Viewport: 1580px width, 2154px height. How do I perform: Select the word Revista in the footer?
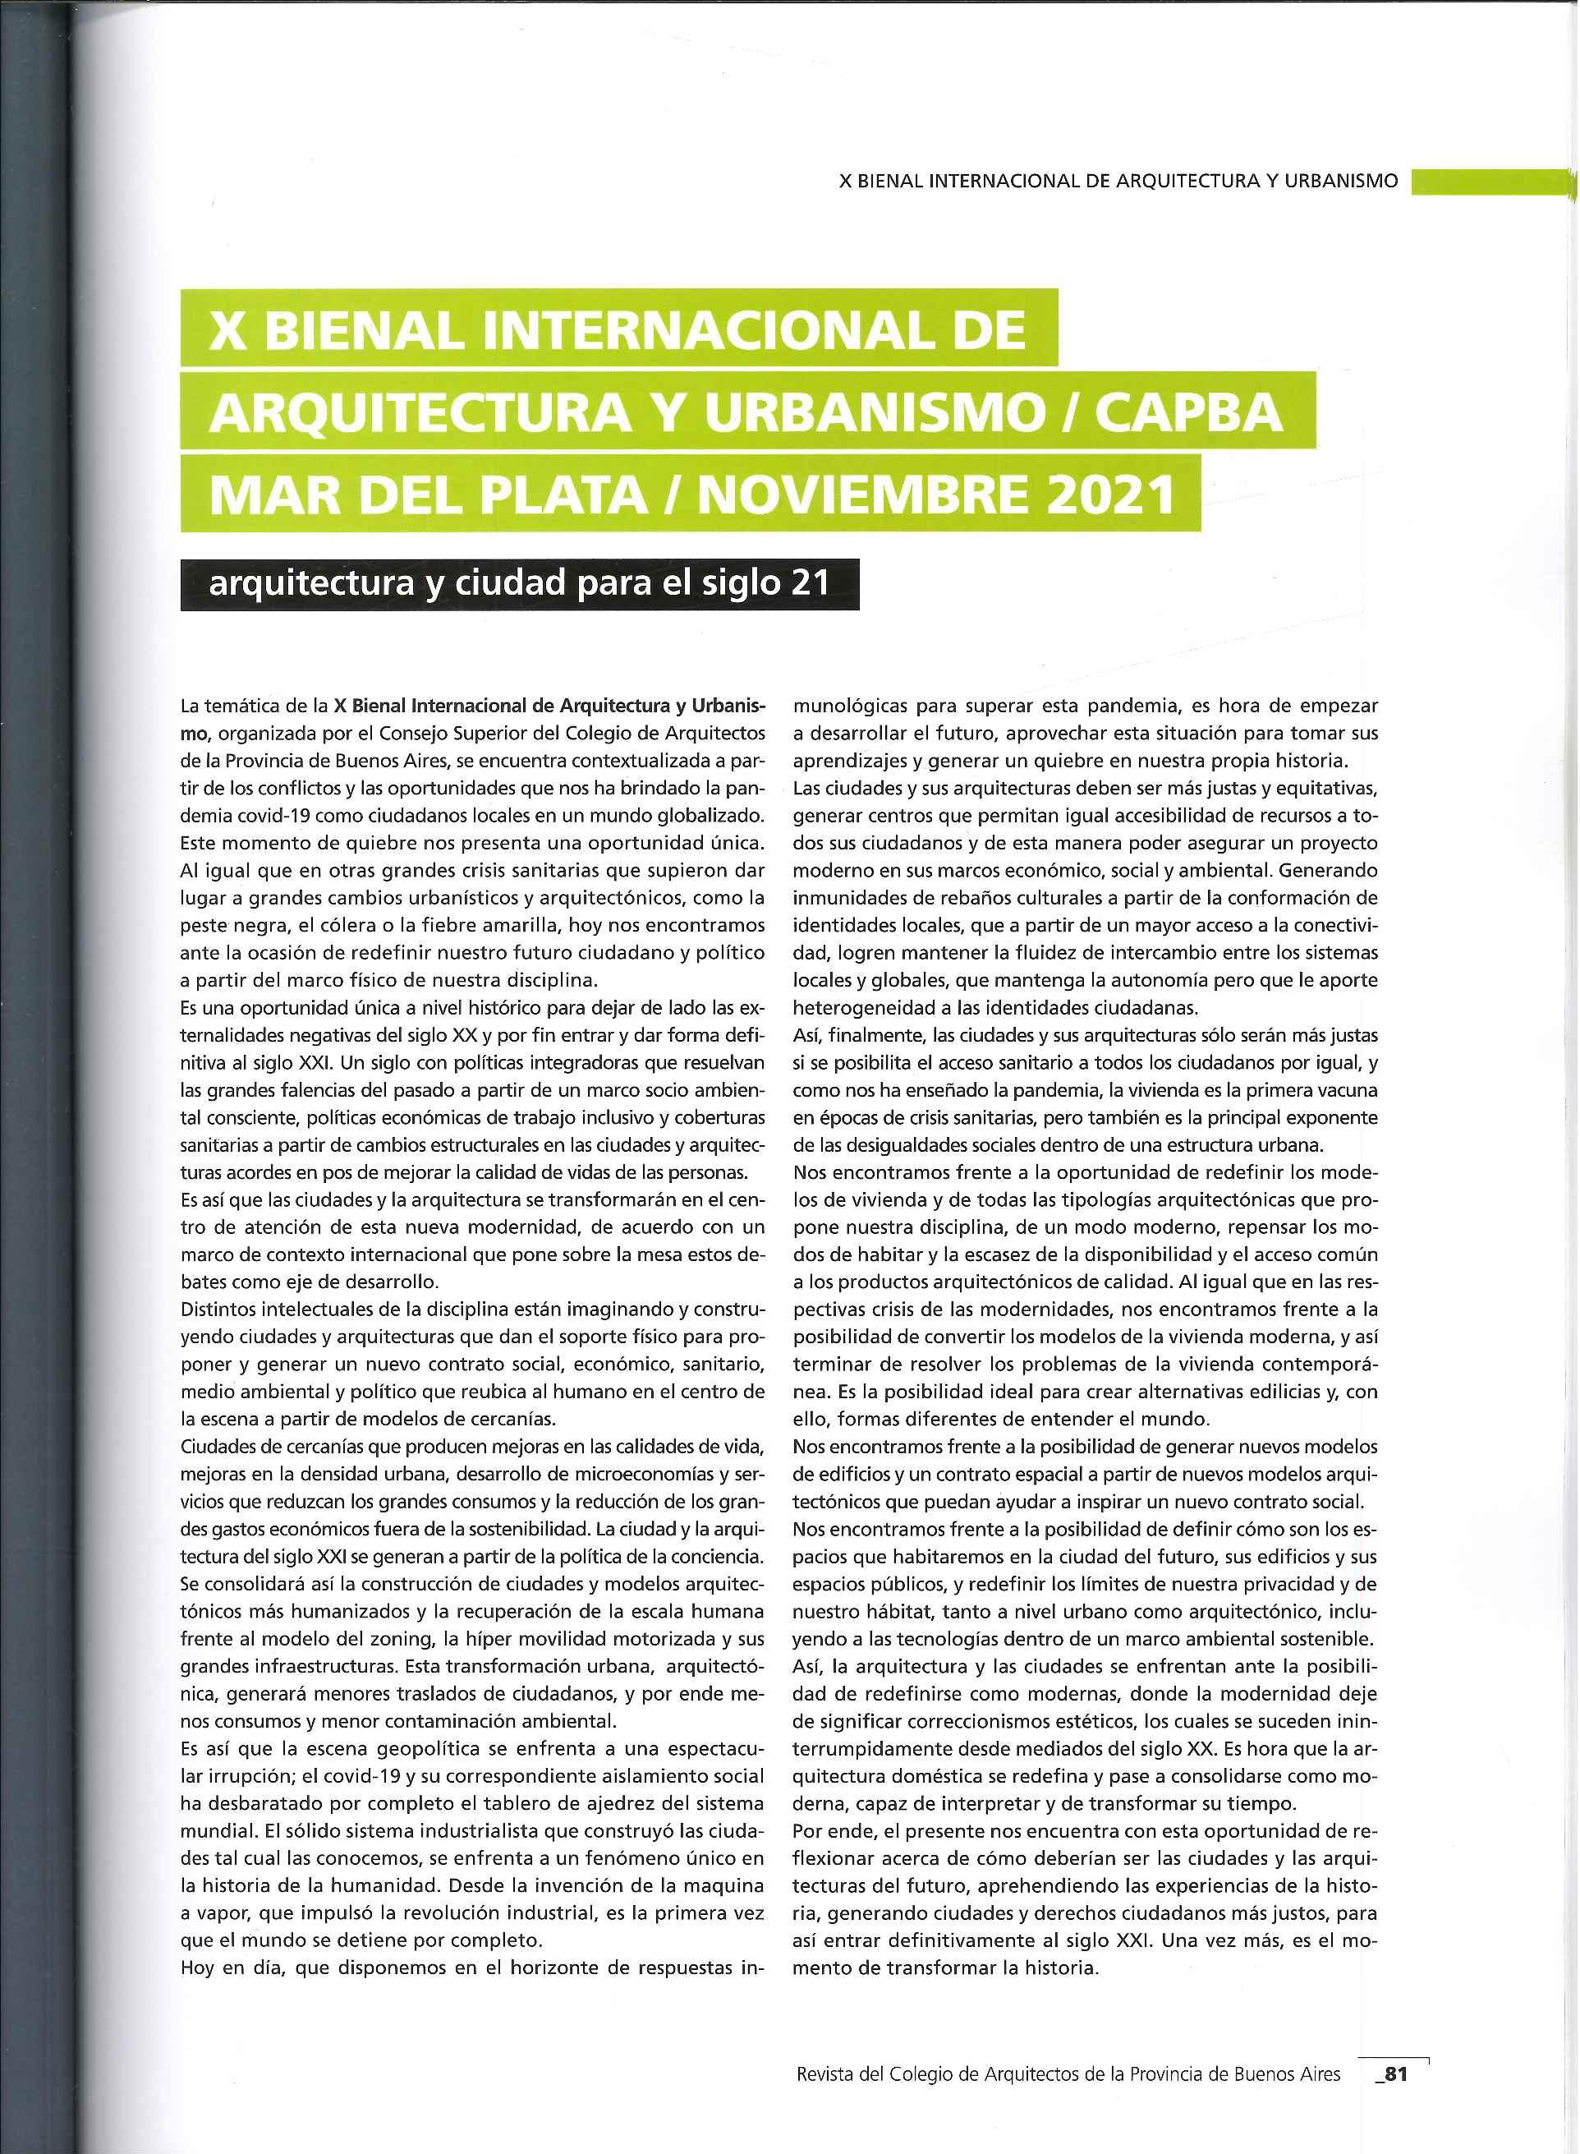coord(829,2068)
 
